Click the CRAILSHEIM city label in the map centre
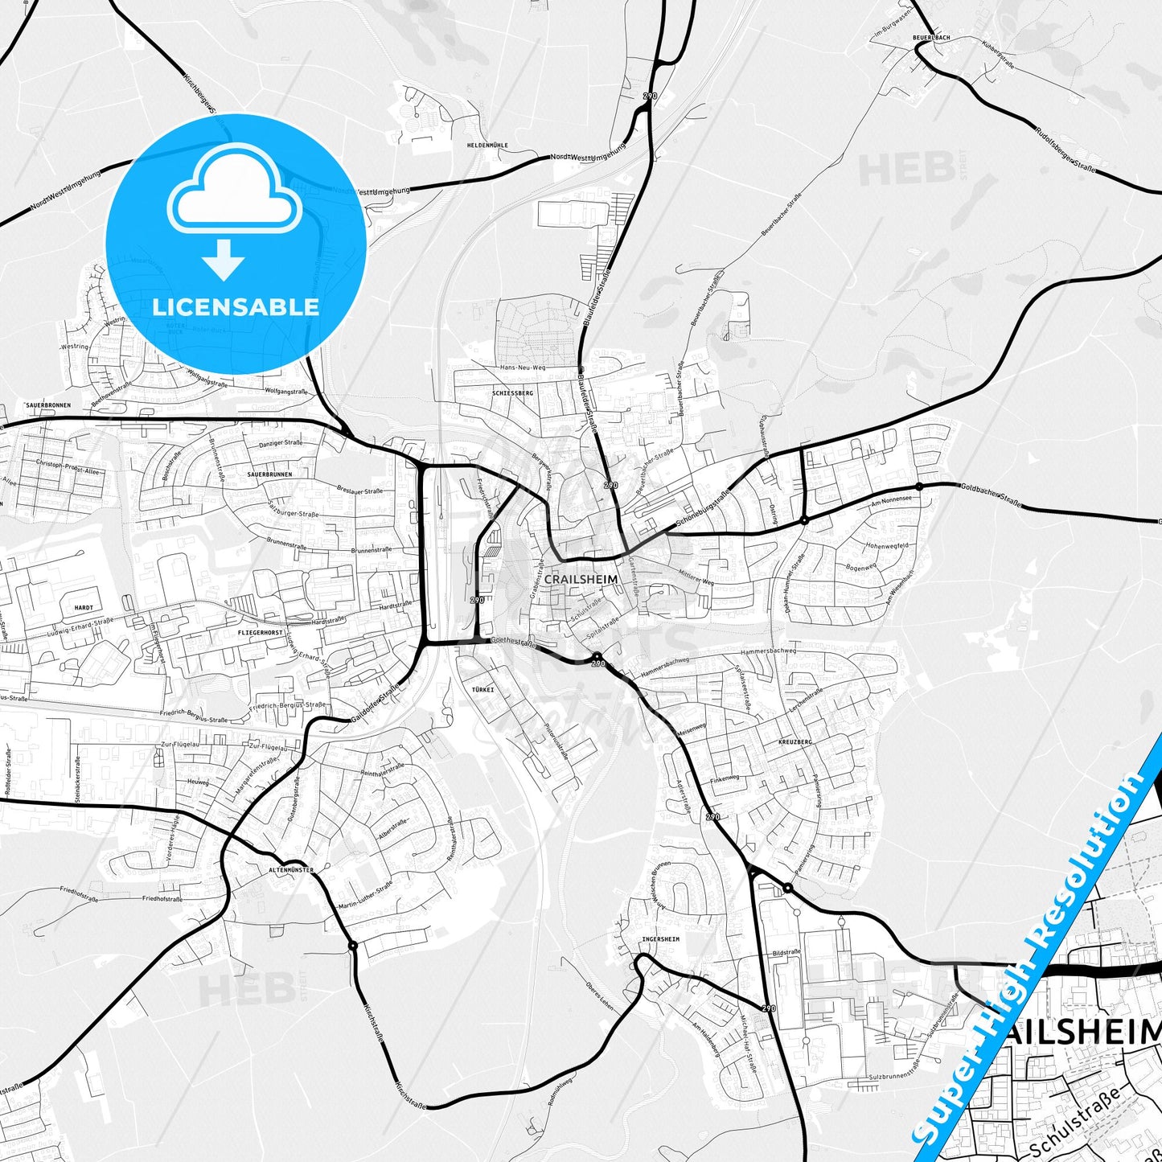click(x=581, y=579)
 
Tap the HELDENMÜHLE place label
click(x=487, y=146)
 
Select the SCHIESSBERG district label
click(x=512, y=393)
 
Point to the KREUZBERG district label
click(x=795, y=741)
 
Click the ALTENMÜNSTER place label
click(x=290, y=870)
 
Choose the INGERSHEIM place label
click(x=660, y=939)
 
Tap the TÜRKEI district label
click(x=482, y=690)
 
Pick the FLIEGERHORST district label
click(x=260, y=634)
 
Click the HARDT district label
click(x=84, y=608)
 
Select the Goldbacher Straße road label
click(x=991, y=494)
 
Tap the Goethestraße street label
click(x=512, y=642)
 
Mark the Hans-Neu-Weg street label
click(x=523, y=367)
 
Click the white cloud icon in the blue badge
click(x=235, y=190)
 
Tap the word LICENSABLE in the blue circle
click(x=236, y=306)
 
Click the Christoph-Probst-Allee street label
click(x=68, y=469)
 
